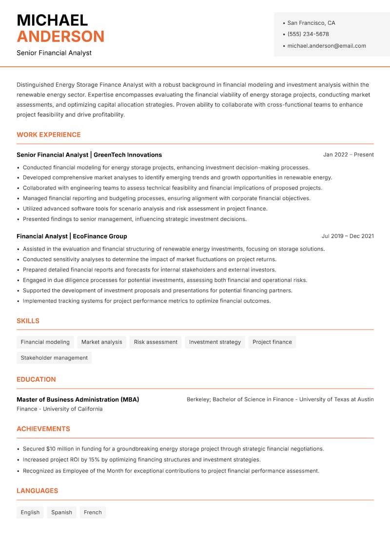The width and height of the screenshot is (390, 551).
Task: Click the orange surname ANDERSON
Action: [60, 37]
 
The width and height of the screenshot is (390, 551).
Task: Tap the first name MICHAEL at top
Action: [52, 20]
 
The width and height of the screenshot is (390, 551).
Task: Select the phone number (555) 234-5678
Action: [308, 34]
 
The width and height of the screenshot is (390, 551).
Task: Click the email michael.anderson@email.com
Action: [326, 46]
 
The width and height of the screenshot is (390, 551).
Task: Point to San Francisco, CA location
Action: [311, 23]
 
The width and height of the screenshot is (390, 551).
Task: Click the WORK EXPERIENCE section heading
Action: [48, 135]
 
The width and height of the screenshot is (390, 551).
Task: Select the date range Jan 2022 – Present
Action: [348, 155]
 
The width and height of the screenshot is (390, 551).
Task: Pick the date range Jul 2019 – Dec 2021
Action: [347, 236]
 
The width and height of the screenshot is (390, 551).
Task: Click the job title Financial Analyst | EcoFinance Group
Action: [72, 236]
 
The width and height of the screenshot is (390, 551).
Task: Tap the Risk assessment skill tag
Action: [156, 342]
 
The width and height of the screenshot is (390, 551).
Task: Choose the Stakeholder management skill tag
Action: [54, 357]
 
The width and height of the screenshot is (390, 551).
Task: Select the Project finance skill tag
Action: [272, 342]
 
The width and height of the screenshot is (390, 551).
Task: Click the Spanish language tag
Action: [61, 512]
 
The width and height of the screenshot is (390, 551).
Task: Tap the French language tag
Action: [93, 512]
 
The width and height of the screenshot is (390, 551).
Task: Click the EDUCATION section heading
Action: [36, 379]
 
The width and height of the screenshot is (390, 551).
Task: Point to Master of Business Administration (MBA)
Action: [78, 399]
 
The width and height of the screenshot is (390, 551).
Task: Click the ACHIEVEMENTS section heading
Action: [43, 429]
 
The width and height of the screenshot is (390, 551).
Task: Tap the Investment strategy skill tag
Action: [214, 342]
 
